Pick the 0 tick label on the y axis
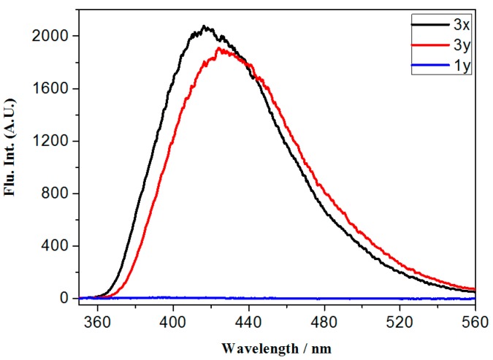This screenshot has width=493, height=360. pyautogui.click(x=65, y=299)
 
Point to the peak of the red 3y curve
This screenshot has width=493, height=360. pyautogui.click(x=218, y=48)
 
